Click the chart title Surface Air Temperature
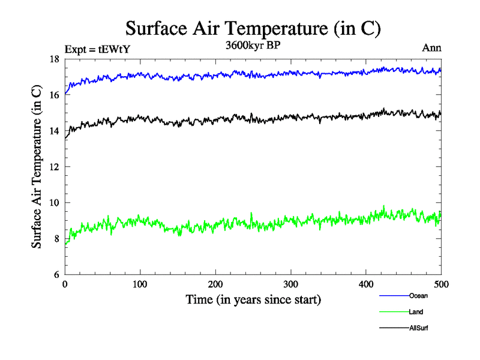253,28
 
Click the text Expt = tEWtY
97,50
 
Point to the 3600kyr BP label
253,46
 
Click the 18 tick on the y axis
53,59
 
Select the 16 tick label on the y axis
53,95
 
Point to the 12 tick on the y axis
53,167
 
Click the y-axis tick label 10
53,203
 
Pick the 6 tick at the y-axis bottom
56,275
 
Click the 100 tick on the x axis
140,284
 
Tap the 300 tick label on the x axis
291,284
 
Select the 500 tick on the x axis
441,284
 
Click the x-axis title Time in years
253,299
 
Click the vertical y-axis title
37,167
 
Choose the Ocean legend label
418,296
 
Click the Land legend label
416,312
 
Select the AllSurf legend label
419,328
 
